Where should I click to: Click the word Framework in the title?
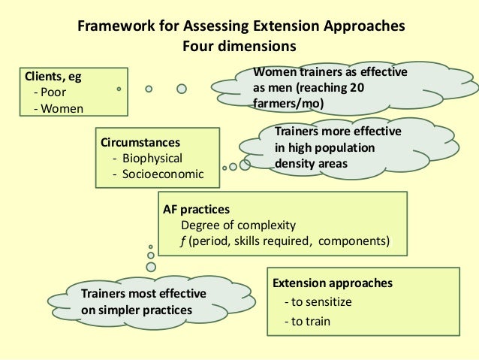(113, 27)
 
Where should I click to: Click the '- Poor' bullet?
(50, 92)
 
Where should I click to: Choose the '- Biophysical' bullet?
(147, 158)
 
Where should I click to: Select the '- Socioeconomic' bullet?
(157, 174)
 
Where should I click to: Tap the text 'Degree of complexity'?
(239, 225)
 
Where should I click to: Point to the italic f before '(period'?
(182, 241)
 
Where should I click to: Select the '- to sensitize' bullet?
(318, 302)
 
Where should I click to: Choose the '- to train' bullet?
(308, 322)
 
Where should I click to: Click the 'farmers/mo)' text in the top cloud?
(288, 104)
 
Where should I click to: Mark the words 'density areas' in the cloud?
(311, 162)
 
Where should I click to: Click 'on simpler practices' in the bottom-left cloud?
(136, 310)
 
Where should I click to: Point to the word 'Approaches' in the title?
(363, 27)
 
